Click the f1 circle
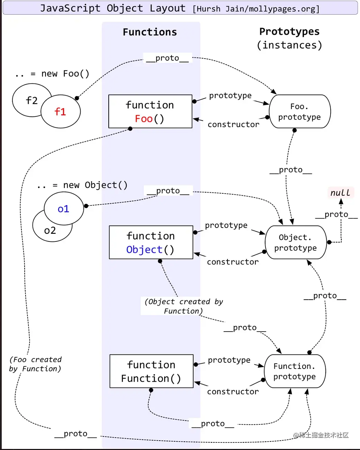61,112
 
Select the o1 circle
64,209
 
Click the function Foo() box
150,112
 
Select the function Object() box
151,242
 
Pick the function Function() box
151,371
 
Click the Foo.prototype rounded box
300,112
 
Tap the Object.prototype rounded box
296,242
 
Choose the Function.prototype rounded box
295,371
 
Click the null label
340,193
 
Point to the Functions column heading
150,32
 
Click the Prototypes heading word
289,32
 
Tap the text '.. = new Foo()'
52,74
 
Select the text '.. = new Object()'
82,185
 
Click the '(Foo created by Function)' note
35,364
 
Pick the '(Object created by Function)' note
184,306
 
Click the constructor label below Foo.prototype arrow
233,124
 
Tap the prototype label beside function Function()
229,360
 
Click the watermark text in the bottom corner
321,435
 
